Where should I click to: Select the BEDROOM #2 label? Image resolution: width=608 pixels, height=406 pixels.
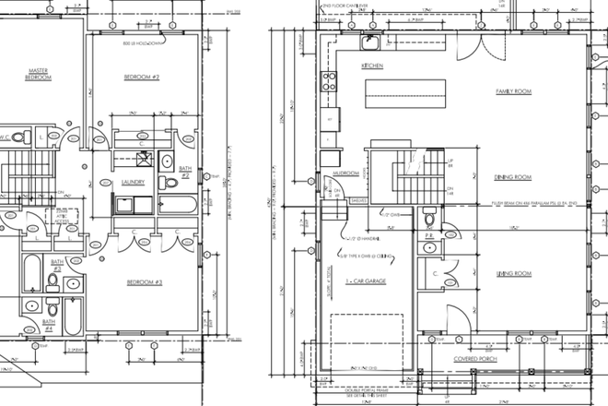tap(143, 78)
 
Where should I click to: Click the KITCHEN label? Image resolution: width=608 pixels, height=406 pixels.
tap(371, 66)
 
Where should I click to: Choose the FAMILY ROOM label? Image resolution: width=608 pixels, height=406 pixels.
tap(515, 92)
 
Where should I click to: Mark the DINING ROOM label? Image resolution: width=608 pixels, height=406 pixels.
tap(514, 177)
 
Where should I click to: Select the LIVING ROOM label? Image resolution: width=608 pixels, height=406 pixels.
tap(514, 274)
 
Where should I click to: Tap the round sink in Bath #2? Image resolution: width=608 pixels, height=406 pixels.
tap(167, 162)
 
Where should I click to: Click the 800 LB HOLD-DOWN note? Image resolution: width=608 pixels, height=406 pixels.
tap(143, 43)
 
